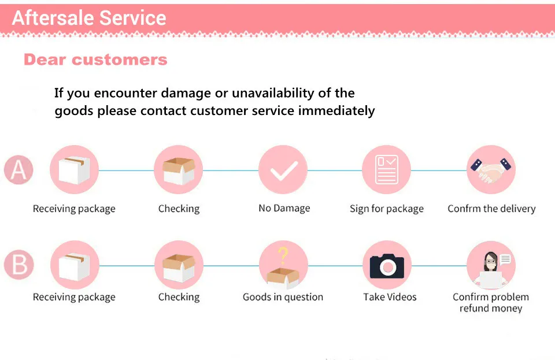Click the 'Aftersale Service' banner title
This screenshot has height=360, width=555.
pos(89,18)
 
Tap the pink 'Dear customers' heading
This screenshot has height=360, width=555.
pos(95,60)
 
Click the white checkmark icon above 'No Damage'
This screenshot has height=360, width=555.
pos(283,170)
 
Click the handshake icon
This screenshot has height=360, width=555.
pos(490,169)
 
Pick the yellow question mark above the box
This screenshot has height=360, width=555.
pos(283,254)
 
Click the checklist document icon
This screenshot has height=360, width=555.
pos(386,170)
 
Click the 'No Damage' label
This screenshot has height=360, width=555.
pos(284,208)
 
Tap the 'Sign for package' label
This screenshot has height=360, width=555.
pos(386,209)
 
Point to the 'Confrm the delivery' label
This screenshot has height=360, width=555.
pos(491,209)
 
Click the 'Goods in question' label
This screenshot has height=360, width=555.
pos(283,297)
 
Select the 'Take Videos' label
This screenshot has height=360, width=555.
pos(390,297)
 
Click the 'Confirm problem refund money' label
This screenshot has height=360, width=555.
pos(491,303)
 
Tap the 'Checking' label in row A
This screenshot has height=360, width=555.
pos(179,209)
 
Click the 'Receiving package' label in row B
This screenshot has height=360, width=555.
pos(74,297)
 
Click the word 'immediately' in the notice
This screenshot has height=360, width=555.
pos(336,110)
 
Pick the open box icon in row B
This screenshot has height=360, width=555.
pos(179,266)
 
